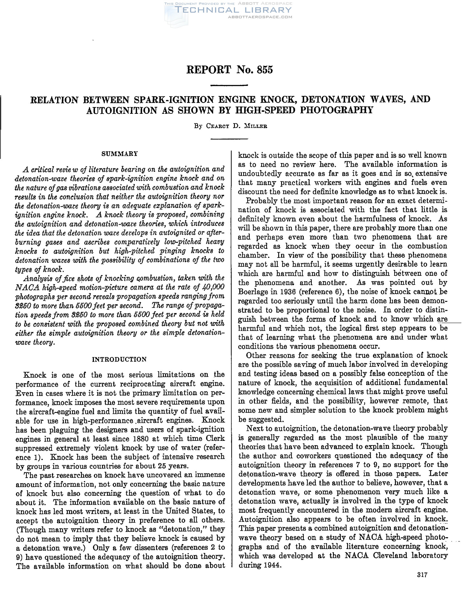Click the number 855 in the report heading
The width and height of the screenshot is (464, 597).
coord(265,70)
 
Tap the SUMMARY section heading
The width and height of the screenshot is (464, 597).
coord(120,154)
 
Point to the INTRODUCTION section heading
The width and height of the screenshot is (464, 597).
coord(119,359)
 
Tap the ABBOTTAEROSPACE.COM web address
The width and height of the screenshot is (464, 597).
coord(260,17)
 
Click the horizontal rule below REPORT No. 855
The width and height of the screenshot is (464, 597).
coord(229,86)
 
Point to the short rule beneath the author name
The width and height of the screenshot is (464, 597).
coord(229,139)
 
